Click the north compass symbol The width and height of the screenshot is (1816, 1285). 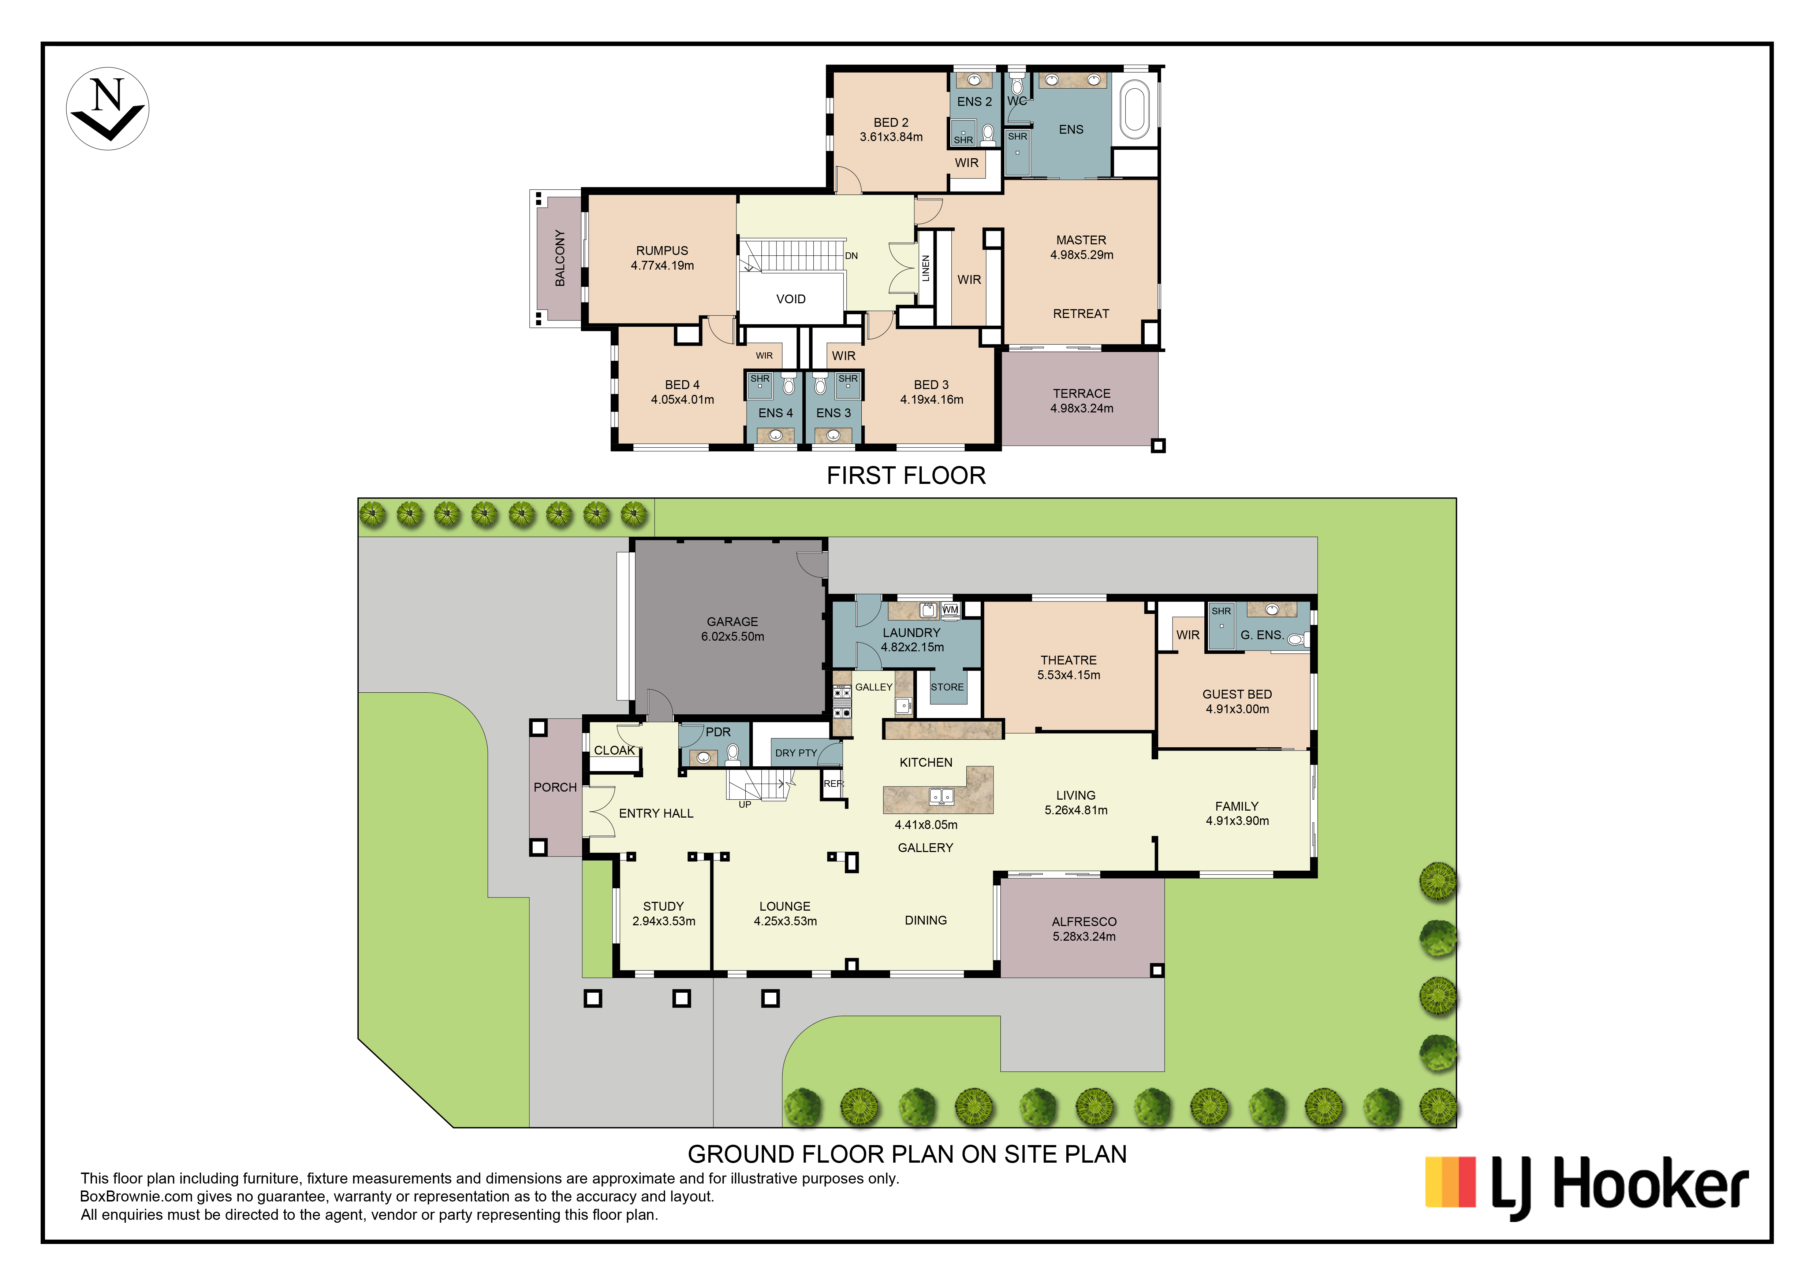click(108, 108)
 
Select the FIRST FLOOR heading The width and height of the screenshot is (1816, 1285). click(906, 475)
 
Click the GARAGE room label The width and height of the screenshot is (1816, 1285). click(732, 622)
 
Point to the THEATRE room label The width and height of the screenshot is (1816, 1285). click(1069, 660)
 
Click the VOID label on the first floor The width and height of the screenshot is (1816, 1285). click(791, 299)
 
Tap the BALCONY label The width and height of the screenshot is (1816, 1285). click(560, 258)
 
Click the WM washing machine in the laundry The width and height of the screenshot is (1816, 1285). click(950, 609)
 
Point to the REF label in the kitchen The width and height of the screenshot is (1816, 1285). click(834, 783)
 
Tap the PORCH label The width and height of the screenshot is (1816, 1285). click(555, 787)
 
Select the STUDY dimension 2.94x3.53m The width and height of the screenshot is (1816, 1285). click(664, 921)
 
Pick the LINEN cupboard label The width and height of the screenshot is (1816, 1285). click(925, 268)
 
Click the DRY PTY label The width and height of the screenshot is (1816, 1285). click(796, 753)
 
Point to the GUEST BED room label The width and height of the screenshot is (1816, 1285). click(1237, 694)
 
